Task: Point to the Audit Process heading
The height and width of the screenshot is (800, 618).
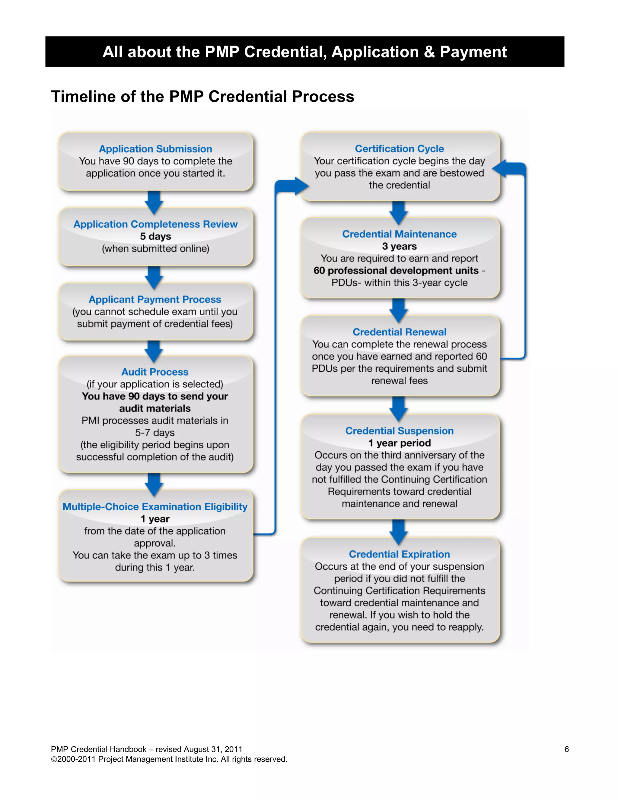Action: (154, 372)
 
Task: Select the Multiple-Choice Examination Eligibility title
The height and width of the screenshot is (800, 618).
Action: (154, 507)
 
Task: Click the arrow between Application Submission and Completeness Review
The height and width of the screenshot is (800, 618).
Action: (154, 203)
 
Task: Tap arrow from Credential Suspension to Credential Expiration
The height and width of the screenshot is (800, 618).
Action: (399, 532)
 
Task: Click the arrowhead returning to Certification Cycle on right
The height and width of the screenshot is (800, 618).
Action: (501, 168)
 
